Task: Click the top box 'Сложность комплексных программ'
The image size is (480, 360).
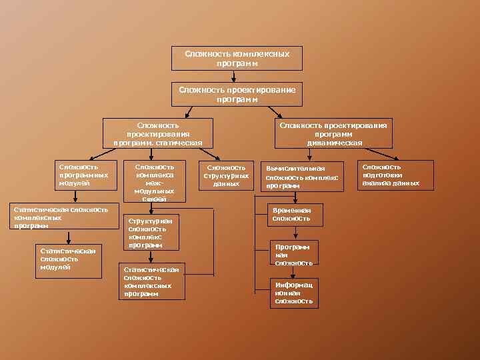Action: pyautogui.click(x=237, y=58)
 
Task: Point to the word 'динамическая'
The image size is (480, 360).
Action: pyautogui.click(x=335, y=143)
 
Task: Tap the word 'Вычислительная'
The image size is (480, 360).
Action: pyautogui.click(x=295, y=169)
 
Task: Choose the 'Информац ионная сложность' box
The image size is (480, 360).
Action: pyautogui.click(x=293, y=293)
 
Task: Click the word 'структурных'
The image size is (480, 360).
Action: pyautogui.click(x=226, y=176)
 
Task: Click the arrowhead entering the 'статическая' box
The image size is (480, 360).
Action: pyautogui.click(x=158, y=116)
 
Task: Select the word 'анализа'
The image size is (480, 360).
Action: pyautogui.click(x=377, y=183)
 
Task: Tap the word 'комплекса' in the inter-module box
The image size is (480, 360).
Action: pyautogui.click(x=155, y=175)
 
